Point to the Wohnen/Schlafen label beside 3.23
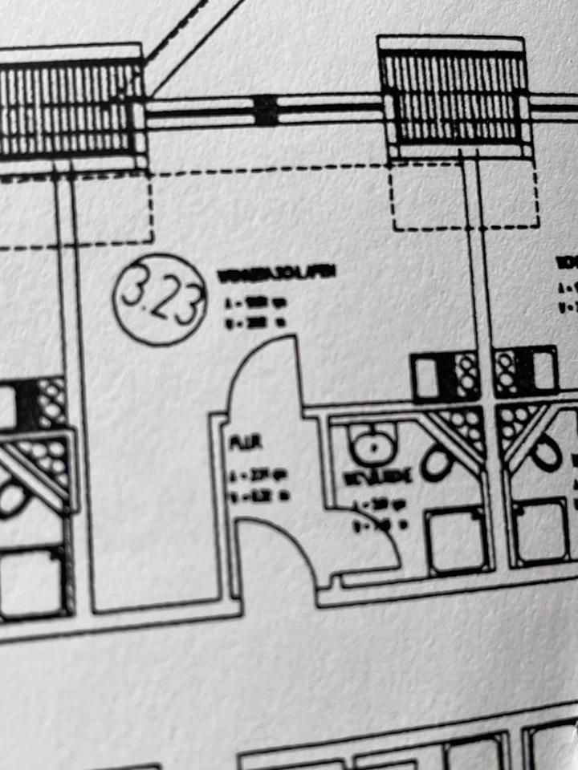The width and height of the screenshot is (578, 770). click(x=276, y=274)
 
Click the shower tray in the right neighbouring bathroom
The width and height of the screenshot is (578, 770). click(x=541, y=529)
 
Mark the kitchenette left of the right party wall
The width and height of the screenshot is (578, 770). click(x=446, y=376)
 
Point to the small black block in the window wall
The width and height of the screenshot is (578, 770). click(x=266, y=110)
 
